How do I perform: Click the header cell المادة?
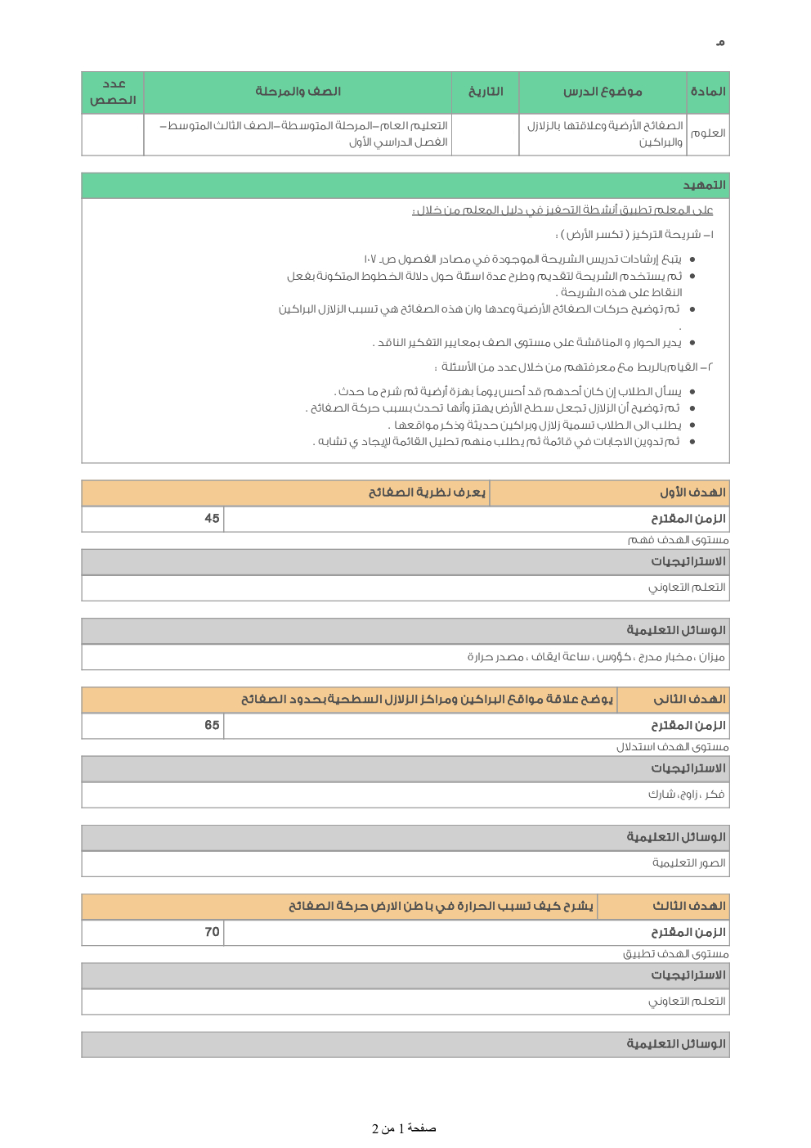[x=708, y=92]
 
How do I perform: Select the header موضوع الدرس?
[x=603, y=92]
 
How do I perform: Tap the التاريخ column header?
[x=486, y=92]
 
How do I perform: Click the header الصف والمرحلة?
[x=298, y=92]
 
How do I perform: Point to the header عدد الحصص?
[x=113, y=92]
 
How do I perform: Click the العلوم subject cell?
[x=708, y=133]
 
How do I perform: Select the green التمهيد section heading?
[x=704, y=185]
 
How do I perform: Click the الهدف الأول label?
[x=692, y=493]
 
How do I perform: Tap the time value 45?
[x=212, y=519]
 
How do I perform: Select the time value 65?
[x=212, y=725]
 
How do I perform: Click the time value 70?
[x=212, y=932]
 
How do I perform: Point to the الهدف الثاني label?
[x=689, y=700]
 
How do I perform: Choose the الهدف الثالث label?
[x=688, y=906]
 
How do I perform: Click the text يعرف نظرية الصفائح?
[x=427, y=493]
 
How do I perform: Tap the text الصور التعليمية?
[x=688, y=863]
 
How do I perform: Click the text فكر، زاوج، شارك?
[x=686, y=795]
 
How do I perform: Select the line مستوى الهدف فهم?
[x=678, y=540]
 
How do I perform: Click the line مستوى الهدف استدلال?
[x=672, y=747]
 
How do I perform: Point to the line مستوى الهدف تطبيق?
[x=675, y=954]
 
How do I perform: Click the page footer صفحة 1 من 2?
[x=404, y=1128]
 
